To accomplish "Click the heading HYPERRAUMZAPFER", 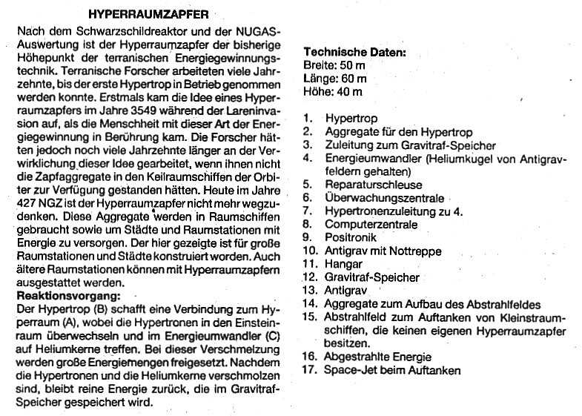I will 148,14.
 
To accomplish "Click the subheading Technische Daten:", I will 355,53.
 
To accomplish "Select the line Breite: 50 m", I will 335,66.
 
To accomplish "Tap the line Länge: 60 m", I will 335,79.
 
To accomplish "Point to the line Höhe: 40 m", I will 333,92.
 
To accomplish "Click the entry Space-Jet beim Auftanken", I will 393,370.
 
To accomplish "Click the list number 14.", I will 310,304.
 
